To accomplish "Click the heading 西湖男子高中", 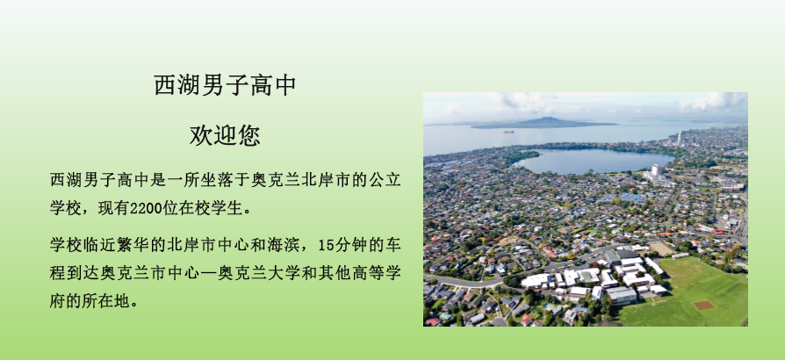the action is click(x=225, y=86).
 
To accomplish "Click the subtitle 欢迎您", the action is click(x=225, y=135).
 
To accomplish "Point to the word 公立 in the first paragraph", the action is click(x=385, y=180).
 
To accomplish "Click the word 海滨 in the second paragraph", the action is click(x=284, y=245).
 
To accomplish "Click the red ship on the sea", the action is click(x=508, y=132).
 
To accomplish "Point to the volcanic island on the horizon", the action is click(x=544, y=123).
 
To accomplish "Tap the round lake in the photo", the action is click(x=594, y=162).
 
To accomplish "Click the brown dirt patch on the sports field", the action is click(x=704, y=305).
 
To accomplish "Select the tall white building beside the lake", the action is click(x=656, y=170).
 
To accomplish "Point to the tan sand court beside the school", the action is click(x=662, y=248).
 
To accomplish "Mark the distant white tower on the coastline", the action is click(x=679, y=138).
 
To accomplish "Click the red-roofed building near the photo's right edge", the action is click(x=718, y=231).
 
